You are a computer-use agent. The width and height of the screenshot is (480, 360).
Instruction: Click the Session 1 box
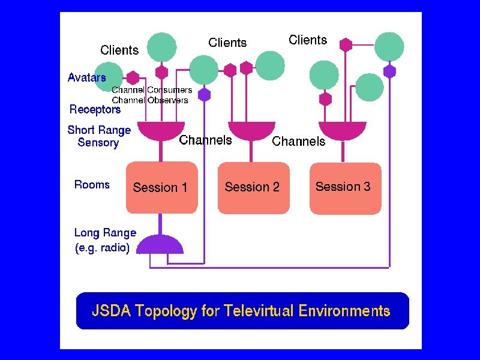coord(162,187)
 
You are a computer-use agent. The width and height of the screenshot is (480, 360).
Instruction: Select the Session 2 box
coord(253,188)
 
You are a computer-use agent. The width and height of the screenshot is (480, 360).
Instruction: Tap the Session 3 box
coord(346,188)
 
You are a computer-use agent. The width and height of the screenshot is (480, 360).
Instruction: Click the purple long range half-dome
coord(160,244)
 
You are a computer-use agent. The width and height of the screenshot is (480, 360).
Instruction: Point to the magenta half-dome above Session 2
coord(251,130)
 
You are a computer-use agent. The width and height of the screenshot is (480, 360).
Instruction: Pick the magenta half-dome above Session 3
coord(343,130)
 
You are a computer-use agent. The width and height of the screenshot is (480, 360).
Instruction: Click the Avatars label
coord(87,77)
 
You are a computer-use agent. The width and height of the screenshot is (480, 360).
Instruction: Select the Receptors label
coord(95,110)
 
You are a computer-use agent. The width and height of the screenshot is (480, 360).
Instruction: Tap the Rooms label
coord(92,185)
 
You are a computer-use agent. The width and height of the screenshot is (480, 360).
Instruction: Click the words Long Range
coord(106,233)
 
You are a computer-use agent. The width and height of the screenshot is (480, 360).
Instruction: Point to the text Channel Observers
coord(149,100)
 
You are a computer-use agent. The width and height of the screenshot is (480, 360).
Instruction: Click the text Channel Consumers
coord(152,90)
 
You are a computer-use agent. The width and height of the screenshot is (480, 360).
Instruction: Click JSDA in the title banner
coord(112,310)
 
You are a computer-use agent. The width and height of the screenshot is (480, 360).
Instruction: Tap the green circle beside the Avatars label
coord(109,77)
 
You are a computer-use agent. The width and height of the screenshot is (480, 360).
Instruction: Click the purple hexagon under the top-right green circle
coord(389,71)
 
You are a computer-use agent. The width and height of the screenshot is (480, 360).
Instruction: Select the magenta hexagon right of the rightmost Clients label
coord(346,44)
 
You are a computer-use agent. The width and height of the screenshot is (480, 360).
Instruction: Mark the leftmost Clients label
coord(119,50)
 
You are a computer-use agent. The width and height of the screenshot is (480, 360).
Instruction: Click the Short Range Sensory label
coord(99,136)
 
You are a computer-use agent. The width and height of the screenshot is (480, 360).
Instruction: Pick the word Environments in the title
coord(344,310)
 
